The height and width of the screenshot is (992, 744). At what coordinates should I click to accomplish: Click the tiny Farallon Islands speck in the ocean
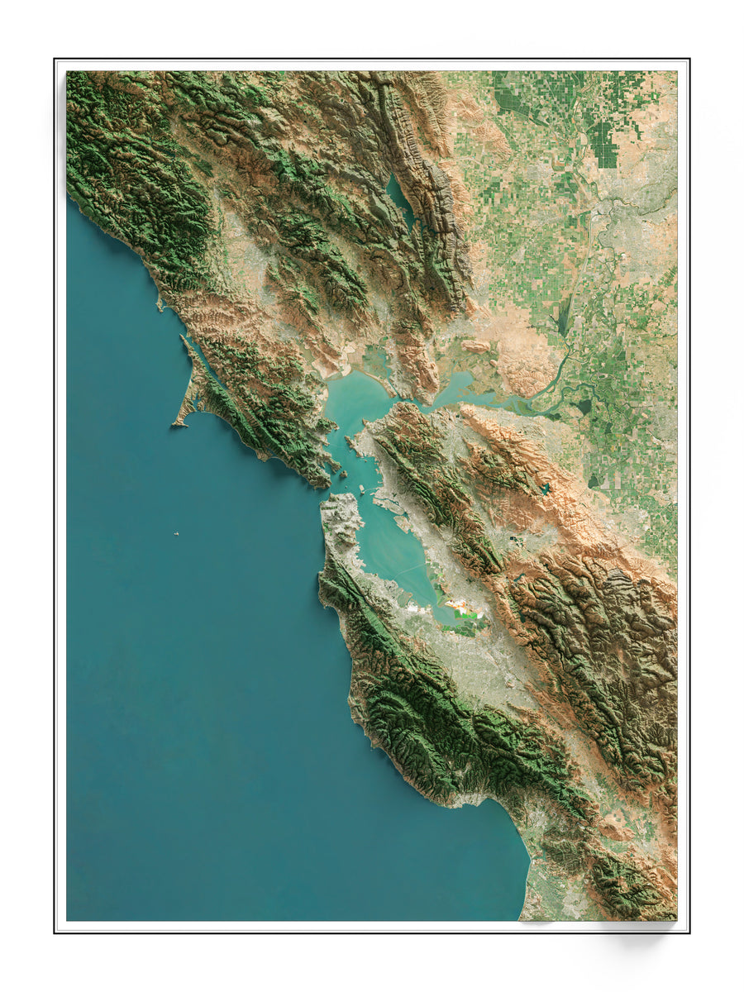[x=176, y=535]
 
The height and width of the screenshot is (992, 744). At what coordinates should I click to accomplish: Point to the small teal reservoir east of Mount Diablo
[x=545, y=489]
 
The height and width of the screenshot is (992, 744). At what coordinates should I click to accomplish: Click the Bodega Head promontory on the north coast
[x=160, y=303]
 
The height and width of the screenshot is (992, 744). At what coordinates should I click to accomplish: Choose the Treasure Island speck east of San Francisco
[x=360, y=488]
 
